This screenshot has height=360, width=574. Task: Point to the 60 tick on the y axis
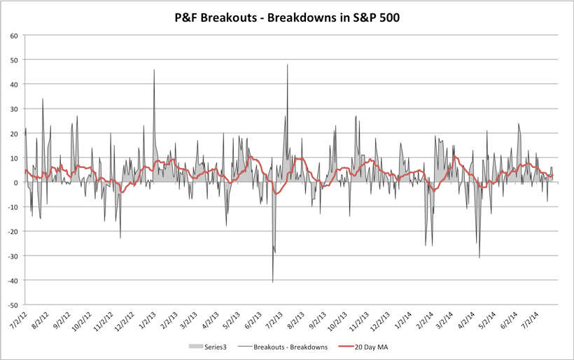[13, 35]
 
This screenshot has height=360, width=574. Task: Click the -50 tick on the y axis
[12, 305]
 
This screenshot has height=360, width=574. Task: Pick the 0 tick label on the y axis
[15, 182]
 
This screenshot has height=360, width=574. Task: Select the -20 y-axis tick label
[12, 231]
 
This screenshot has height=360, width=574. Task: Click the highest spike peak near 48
[287, 65]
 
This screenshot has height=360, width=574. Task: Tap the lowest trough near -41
[272, 282]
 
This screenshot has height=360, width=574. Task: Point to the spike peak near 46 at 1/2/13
[154, 70]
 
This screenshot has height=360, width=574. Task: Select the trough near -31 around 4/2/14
[479, 258]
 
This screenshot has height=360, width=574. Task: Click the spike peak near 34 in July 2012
[43, 99]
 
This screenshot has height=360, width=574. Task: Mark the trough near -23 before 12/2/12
[120, 238]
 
